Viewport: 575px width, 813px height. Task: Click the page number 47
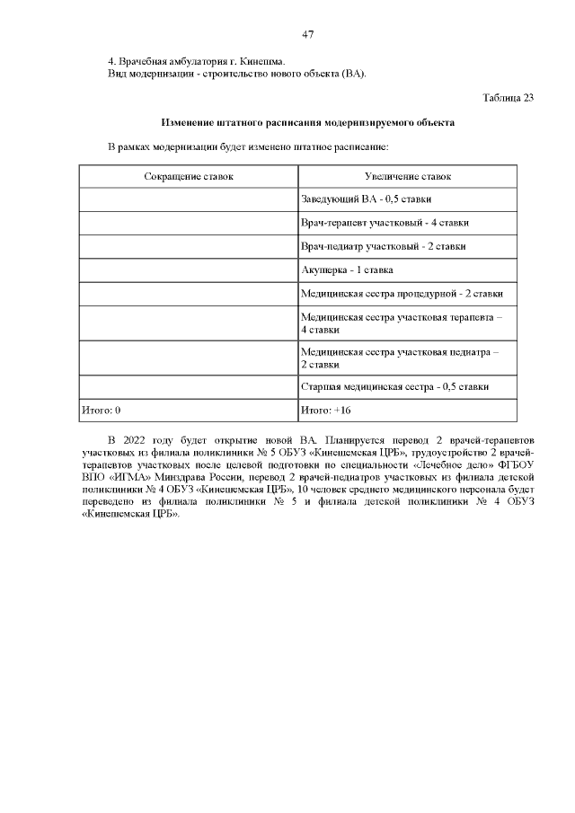(307, 34)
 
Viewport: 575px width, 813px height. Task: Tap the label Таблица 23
(509, 97)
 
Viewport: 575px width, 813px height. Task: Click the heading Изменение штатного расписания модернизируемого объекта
(307, 121)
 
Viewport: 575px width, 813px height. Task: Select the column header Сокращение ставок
(189, 176)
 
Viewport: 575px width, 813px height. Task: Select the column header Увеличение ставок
(407, 176)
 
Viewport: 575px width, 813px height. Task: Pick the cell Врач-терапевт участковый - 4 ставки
(384, 223)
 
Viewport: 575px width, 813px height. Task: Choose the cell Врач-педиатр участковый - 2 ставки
(382, 246)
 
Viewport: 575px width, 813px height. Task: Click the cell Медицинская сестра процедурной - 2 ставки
(401, 293)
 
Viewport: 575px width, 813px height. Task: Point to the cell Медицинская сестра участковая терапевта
(402, 323)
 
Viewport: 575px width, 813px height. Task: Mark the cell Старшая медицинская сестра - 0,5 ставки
(394, 387)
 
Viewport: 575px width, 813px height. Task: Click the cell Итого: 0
(101, 411)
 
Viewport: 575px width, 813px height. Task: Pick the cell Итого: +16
(325, 411)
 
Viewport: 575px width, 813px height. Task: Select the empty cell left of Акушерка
(189, 270)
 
